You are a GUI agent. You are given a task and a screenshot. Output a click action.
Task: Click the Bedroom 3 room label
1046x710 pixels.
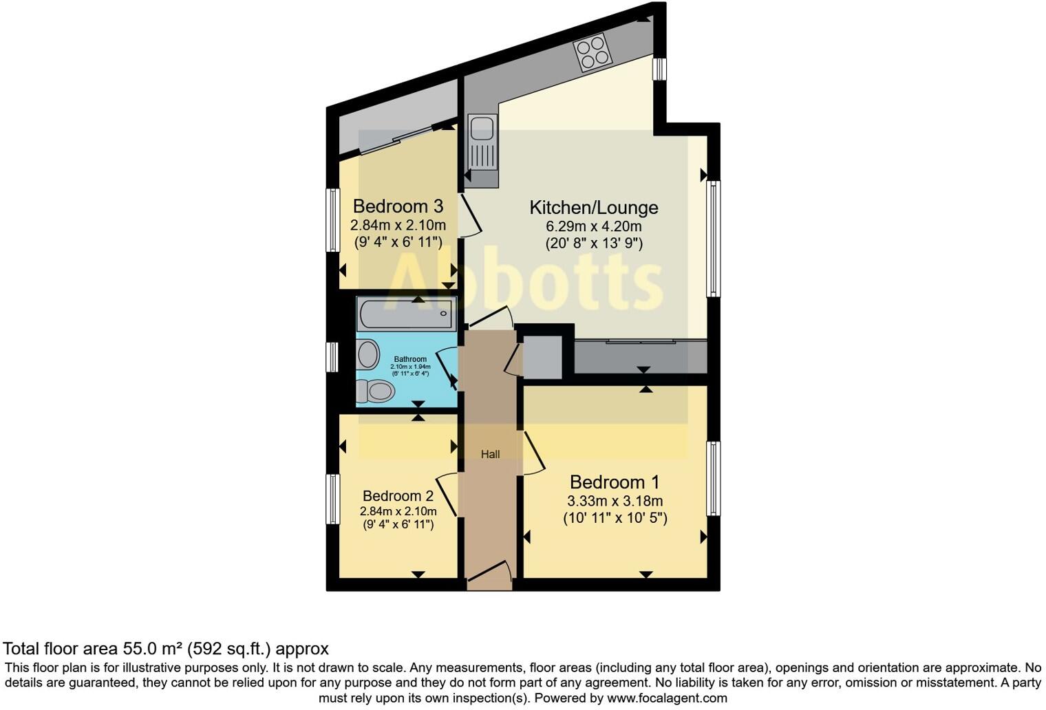pos(397,206)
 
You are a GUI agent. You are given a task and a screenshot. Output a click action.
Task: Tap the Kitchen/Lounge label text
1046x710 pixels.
pos(593,207)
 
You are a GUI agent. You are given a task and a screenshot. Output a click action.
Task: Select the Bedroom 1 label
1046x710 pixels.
pos(615,482)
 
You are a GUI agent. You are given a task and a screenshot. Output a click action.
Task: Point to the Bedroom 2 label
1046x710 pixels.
pos(398,495)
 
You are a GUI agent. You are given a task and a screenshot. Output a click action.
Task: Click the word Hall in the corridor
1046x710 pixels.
pos(490,454)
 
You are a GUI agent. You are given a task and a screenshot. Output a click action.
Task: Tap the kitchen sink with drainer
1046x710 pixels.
pos(482,142)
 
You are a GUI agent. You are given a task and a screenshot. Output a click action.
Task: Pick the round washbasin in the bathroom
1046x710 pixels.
pos(369,356)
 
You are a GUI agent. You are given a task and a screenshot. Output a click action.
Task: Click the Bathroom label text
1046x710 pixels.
pos(410,359)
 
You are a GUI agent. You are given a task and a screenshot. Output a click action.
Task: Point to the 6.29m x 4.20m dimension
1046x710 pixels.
pos(593,226)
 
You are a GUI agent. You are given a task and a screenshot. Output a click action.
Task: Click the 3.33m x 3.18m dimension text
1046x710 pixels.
pos(615,501)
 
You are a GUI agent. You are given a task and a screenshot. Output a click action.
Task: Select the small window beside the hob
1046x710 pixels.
pos(659,69)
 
